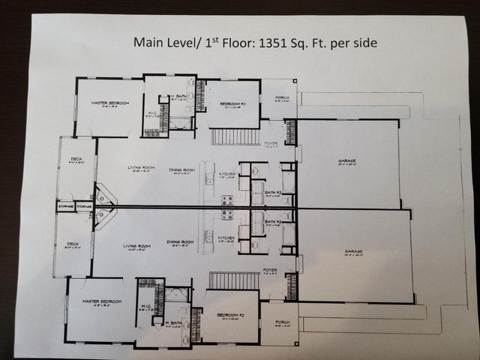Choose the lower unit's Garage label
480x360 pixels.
pos(354,251)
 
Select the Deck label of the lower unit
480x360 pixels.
pos(73,244)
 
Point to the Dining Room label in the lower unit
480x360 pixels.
pos(181,242)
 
